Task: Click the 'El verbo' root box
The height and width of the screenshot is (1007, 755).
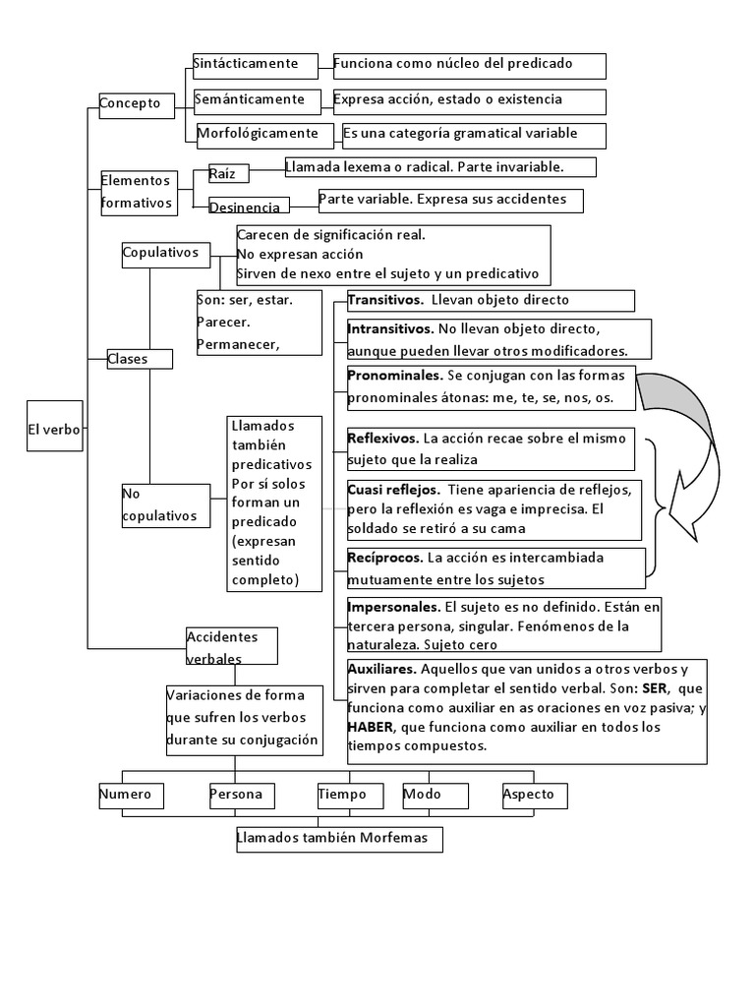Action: coord(54,429)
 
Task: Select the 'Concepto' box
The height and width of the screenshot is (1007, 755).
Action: coord(137,104)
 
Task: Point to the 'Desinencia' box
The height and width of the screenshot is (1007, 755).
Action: coord(250,207)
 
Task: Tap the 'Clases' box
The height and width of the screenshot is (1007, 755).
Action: coord(139,359)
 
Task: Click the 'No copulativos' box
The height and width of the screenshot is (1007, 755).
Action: coord(165,505)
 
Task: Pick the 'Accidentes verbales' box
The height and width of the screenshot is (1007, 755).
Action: coord(232,647)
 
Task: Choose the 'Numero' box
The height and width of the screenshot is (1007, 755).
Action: coord(131,795)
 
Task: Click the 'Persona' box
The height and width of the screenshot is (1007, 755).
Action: coord(241,795)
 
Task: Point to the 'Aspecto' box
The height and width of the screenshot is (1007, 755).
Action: coord(534,795)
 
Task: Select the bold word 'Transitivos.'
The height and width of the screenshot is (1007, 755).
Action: coord(385,300)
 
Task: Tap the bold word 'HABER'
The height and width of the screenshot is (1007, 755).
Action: coord(369,727)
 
